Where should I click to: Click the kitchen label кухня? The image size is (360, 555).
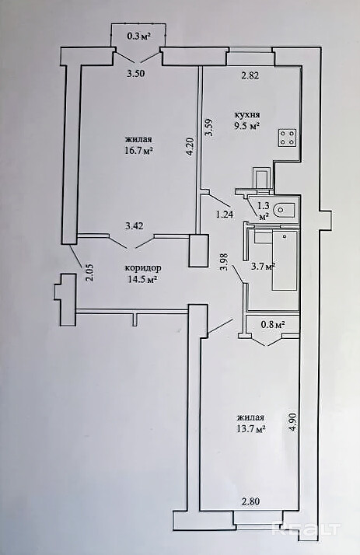tap(247, 115)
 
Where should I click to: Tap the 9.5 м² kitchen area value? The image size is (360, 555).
tap(247, 125)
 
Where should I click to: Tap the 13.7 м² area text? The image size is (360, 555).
tap(250, 429)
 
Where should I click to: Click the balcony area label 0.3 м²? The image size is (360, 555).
tap(139, 37)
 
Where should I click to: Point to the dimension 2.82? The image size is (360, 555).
tap(250, 75)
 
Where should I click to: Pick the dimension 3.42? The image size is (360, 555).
tap(135, 225)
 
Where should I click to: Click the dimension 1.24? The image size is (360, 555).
tap(225, 214)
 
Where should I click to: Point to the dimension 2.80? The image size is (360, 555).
tap(250, 501)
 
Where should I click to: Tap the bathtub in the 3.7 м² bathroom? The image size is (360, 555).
tap(284, 260)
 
